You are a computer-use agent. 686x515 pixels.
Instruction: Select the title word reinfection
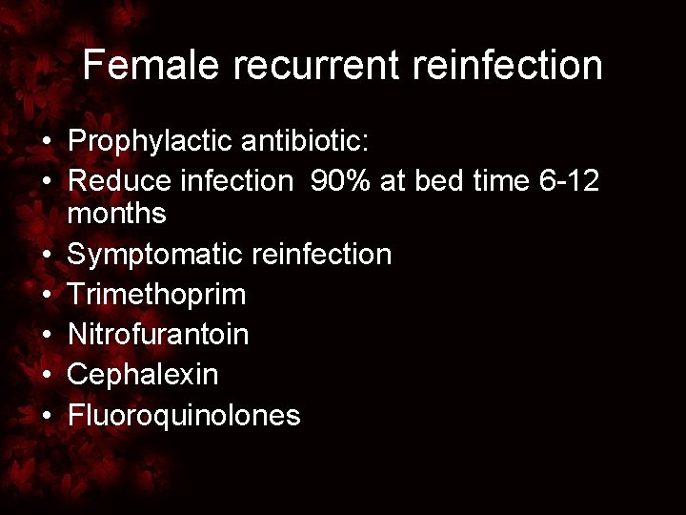[495, 66]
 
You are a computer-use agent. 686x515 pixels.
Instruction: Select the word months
[117, 214]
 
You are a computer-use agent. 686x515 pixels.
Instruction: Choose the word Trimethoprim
[157, 295]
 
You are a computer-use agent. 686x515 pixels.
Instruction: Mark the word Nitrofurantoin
[159, 335]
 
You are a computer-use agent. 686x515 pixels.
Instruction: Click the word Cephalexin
[143, 375]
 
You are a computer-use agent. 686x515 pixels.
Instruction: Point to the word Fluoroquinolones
[185, 415]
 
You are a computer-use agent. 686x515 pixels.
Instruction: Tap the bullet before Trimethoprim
[46, 295]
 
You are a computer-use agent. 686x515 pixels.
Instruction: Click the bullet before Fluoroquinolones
[46, 415]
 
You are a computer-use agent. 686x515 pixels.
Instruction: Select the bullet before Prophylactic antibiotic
[46, 143]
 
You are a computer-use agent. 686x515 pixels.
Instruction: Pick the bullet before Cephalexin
[46, 375]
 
